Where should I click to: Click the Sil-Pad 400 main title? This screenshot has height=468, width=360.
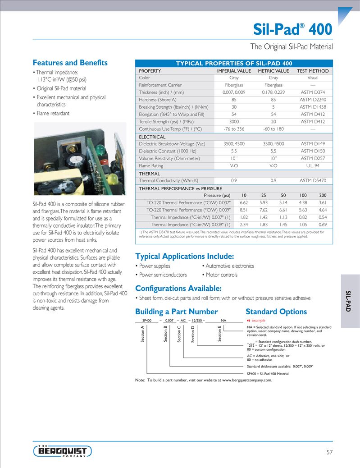292,29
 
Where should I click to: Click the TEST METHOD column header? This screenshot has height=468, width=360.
313,71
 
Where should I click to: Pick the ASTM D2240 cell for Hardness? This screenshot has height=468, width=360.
313,100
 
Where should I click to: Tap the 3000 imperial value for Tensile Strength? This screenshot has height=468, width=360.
234,122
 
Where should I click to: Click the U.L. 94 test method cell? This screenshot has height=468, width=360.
313,166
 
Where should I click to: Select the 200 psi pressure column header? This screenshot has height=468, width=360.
323,195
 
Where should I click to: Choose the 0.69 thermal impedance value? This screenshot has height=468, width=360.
323,225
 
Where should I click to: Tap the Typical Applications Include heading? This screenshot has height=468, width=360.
184,257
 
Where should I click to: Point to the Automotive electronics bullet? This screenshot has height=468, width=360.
230,266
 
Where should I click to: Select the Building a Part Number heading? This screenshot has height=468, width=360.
176,312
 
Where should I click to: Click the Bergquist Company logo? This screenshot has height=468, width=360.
63,451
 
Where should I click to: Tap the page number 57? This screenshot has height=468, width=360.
329,452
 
